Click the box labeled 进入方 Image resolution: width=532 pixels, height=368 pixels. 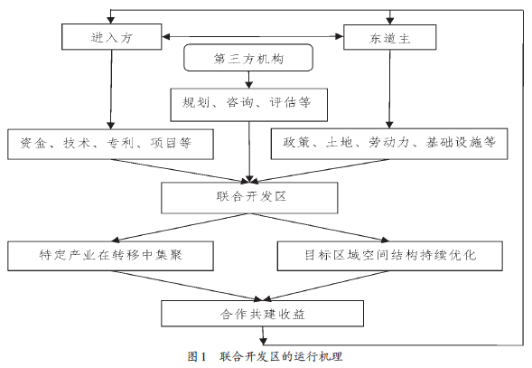[x=112, y=37]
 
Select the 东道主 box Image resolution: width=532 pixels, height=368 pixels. [x=390, y=37]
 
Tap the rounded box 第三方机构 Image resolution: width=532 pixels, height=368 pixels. [x=248, y=58]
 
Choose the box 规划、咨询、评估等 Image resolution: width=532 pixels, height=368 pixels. [x=249, y=105]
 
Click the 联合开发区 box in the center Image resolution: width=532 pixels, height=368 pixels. [x=249, y=198]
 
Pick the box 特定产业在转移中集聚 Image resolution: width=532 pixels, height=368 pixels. [x=110, y=256]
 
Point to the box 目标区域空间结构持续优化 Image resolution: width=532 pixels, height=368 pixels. [x=390, y=256]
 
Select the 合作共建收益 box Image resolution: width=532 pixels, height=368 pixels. [x=262, y=313]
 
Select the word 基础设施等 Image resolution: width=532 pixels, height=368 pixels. [x=461, y=142]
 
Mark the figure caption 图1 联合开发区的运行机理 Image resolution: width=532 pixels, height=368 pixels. [x=265, y=356]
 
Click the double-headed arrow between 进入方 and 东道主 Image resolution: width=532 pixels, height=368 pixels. [x=253, y=36]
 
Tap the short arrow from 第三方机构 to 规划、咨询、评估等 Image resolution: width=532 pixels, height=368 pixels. [x=249, y=80]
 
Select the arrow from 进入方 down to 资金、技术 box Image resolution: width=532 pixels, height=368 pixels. [x=111, y=90]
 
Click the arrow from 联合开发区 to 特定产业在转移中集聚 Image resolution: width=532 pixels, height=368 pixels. [x=181, y=228]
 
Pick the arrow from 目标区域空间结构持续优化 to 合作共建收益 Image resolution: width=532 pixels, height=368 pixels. [x=326, y=286]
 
